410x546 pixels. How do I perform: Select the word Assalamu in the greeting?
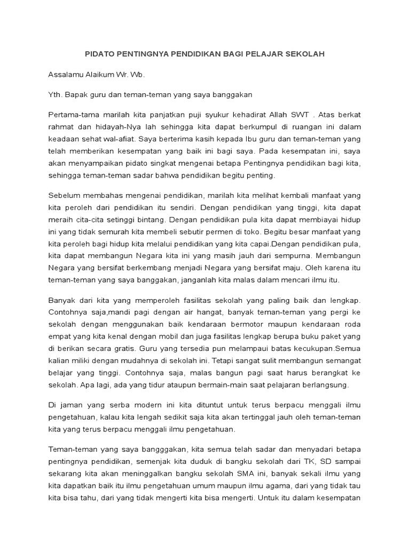tap(66, 75)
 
